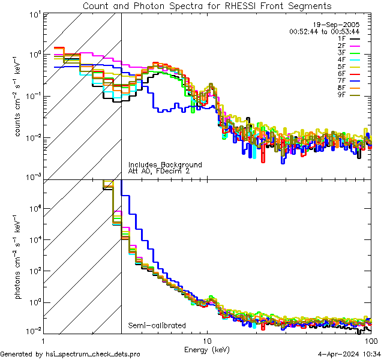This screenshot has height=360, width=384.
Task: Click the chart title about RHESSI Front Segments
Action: pos(206,5)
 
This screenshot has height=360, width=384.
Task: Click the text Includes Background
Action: pos(165,165)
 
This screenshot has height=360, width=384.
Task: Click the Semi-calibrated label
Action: pos(157,326)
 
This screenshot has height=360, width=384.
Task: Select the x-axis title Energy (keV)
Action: pos(206,349)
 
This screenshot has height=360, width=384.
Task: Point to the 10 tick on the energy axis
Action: pos(206,341)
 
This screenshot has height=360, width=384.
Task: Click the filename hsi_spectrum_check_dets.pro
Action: pos(70,355)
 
